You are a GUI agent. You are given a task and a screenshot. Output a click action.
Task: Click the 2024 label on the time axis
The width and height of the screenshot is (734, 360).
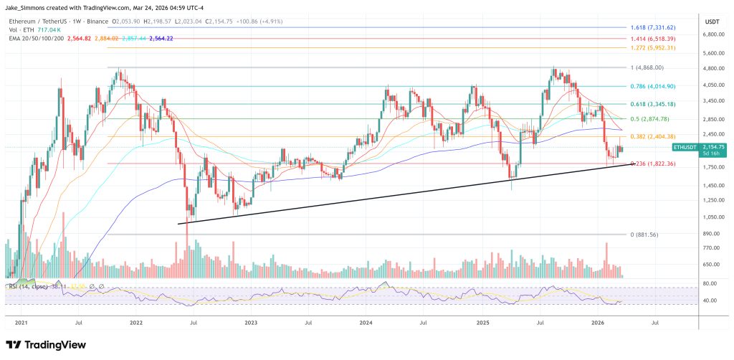(x=367, y=324)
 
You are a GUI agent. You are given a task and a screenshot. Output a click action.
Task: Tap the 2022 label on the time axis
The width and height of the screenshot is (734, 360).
(x=135, y=324)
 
